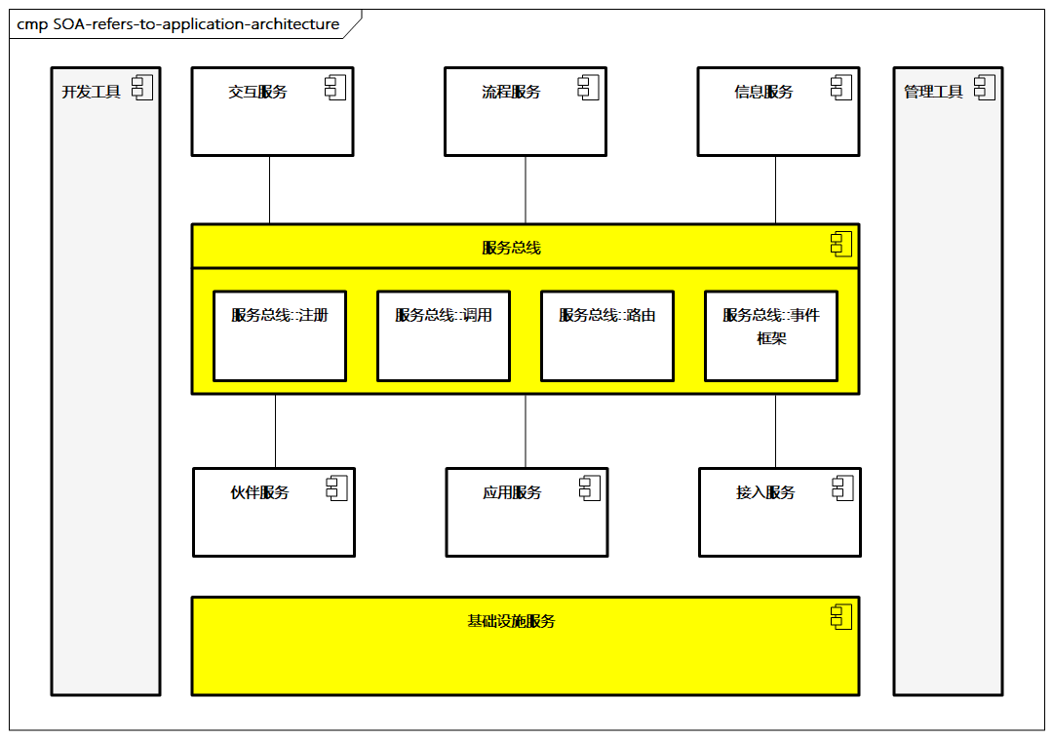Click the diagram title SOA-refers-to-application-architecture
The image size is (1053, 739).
(178, 24)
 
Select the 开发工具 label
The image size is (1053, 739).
(91, 92)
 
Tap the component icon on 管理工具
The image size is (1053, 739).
(985, 88)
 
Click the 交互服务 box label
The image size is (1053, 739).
(257, 92)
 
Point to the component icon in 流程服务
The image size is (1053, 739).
(589, 88)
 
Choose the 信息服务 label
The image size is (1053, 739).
(763, 92)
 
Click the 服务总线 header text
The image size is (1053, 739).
(511, 248)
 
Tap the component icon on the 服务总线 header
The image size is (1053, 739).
(841, 244)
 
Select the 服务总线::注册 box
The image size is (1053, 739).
(280, 335)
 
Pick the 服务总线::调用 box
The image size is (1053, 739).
(444, 335)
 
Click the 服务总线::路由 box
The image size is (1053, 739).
(607, 335)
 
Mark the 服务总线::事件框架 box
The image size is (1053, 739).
(771, 335)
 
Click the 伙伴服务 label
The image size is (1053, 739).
(259, 492)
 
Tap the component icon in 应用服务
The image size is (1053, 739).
(590, 488)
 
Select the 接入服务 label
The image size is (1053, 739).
(765, 492)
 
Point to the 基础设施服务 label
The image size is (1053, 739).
(511, 621)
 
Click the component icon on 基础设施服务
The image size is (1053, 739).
(841, 616)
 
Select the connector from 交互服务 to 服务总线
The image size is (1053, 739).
(269, 189)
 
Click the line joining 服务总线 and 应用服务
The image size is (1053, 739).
(526, 431)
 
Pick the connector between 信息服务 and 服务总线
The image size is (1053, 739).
(776, 189)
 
